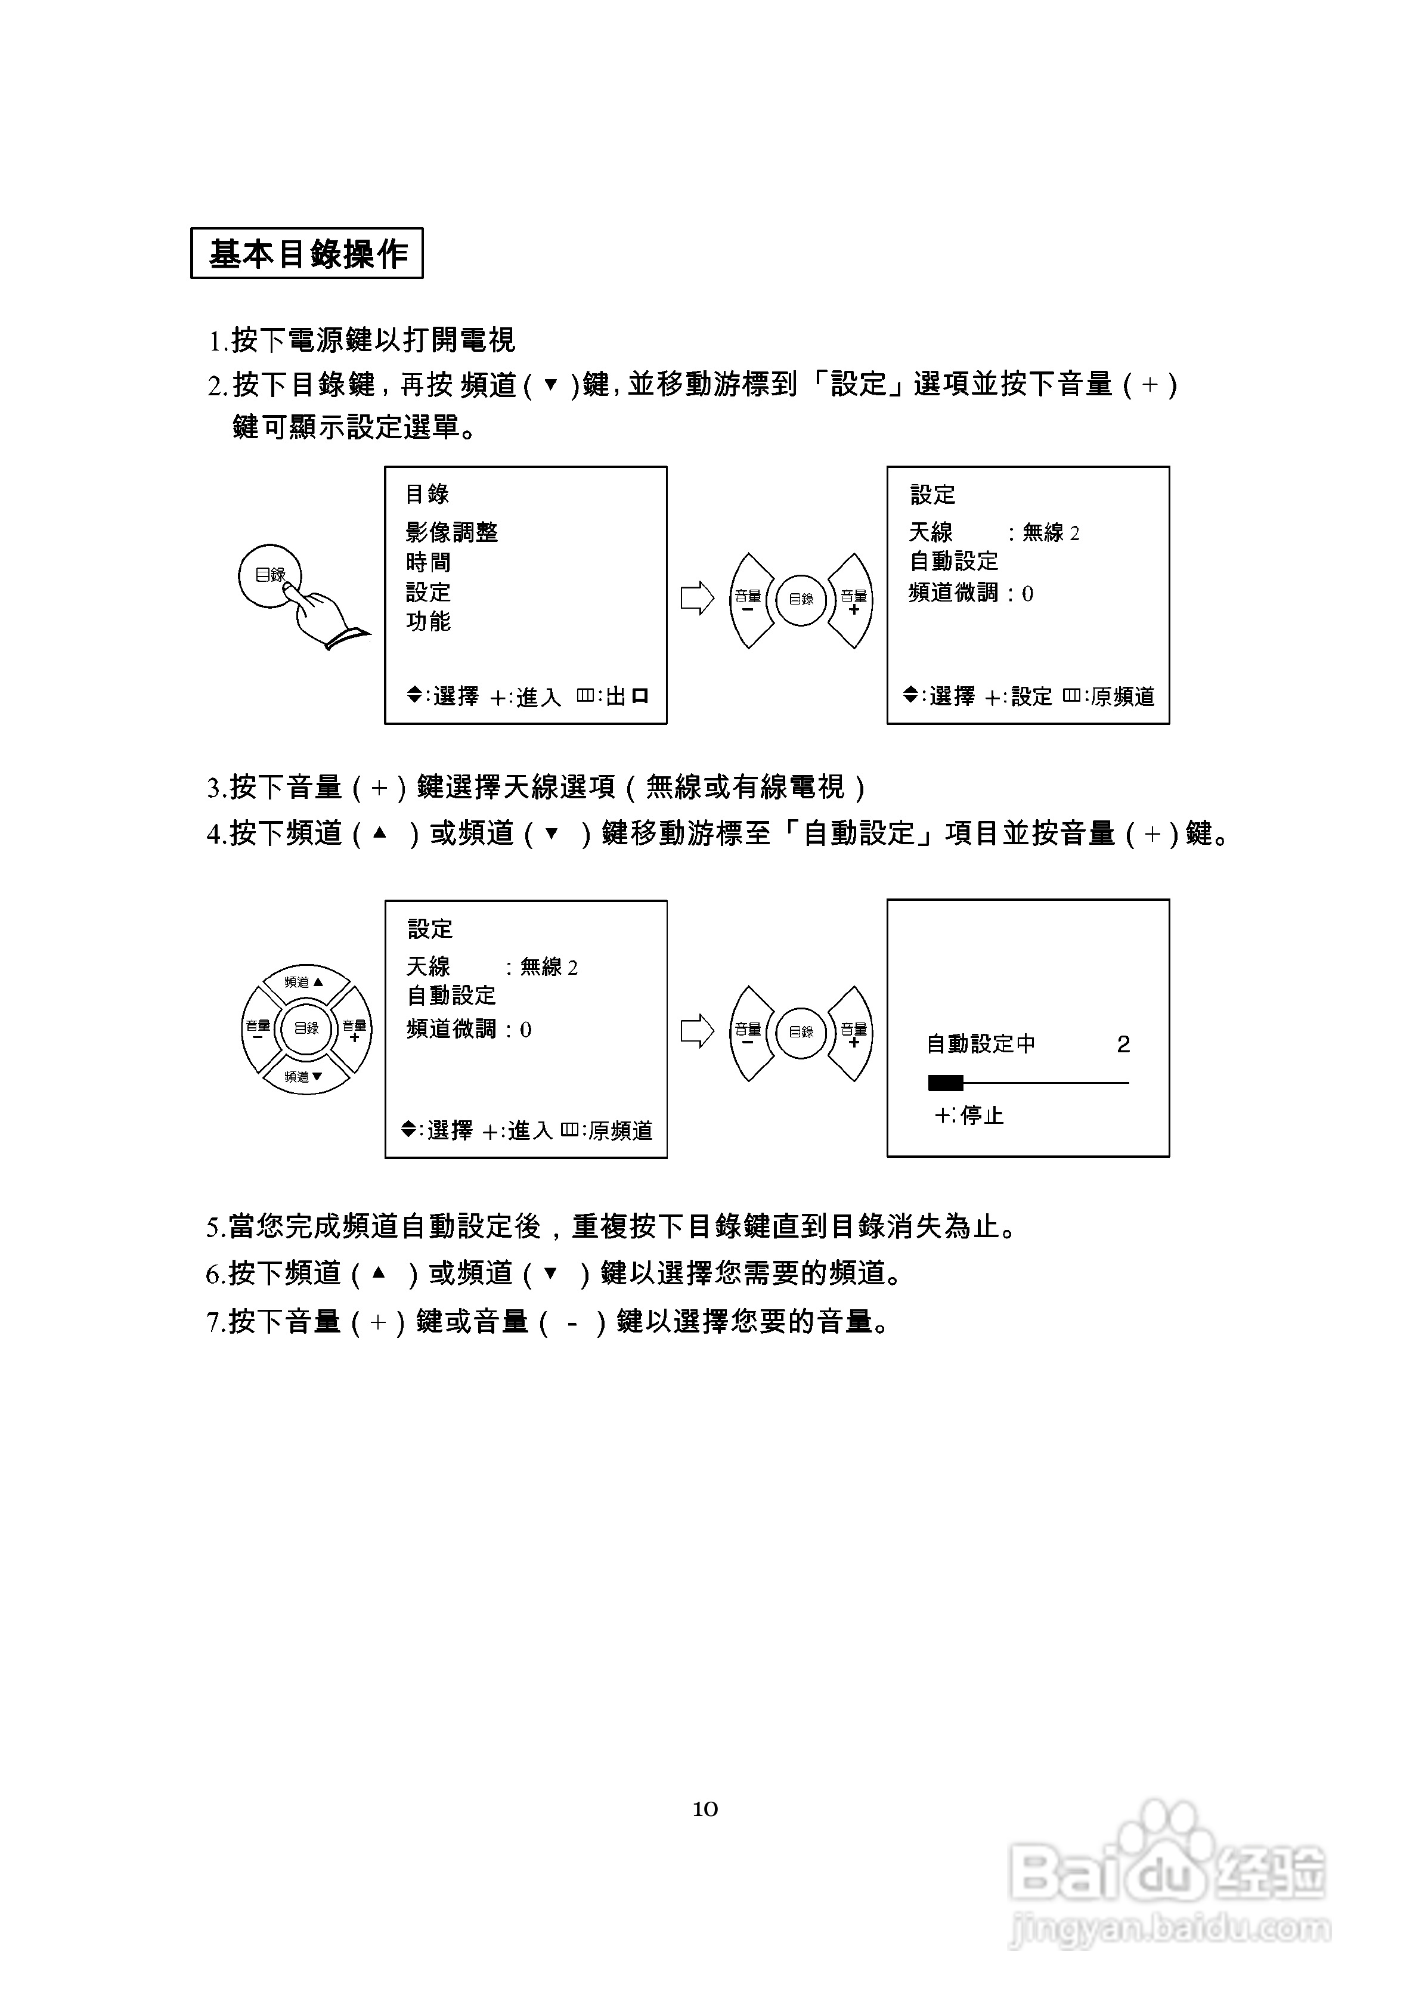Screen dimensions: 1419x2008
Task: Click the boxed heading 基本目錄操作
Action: click(x=307, y=253)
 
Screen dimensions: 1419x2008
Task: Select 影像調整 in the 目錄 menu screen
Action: click(x=451, y=532)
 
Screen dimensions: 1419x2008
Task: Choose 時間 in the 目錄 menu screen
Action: click(x=428, y=562)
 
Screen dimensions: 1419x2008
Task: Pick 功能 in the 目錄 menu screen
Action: click(x=428, y=621)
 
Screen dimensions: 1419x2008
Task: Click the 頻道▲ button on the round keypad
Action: click(x=305, y=982)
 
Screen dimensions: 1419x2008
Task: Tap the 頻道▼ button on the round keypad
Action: click(x=305, y=1077)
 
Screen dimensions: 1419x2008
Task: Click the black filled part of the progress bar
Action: click(x=945, y=1083)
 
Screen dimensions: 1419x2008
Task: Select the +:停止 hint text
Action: click(x=968, y=1115)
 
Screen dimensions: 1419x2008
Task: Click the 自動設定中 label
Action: click(x=981, y=1044)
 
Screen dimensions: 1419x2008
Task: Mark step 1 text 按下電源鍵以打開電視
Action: click(x=362, y=339)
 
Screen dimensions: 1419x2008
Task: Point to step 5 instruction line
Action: click(x=612, y=1227)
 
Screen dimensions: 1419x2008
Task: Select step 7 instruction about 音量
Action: click(x=549, y=1321)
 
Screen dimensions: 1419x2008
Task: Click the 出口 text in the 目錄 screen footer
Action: click(x=627, y=696)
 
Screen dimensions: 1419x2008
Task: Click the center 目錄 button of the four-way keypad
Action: click(x=306, y=1028)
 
